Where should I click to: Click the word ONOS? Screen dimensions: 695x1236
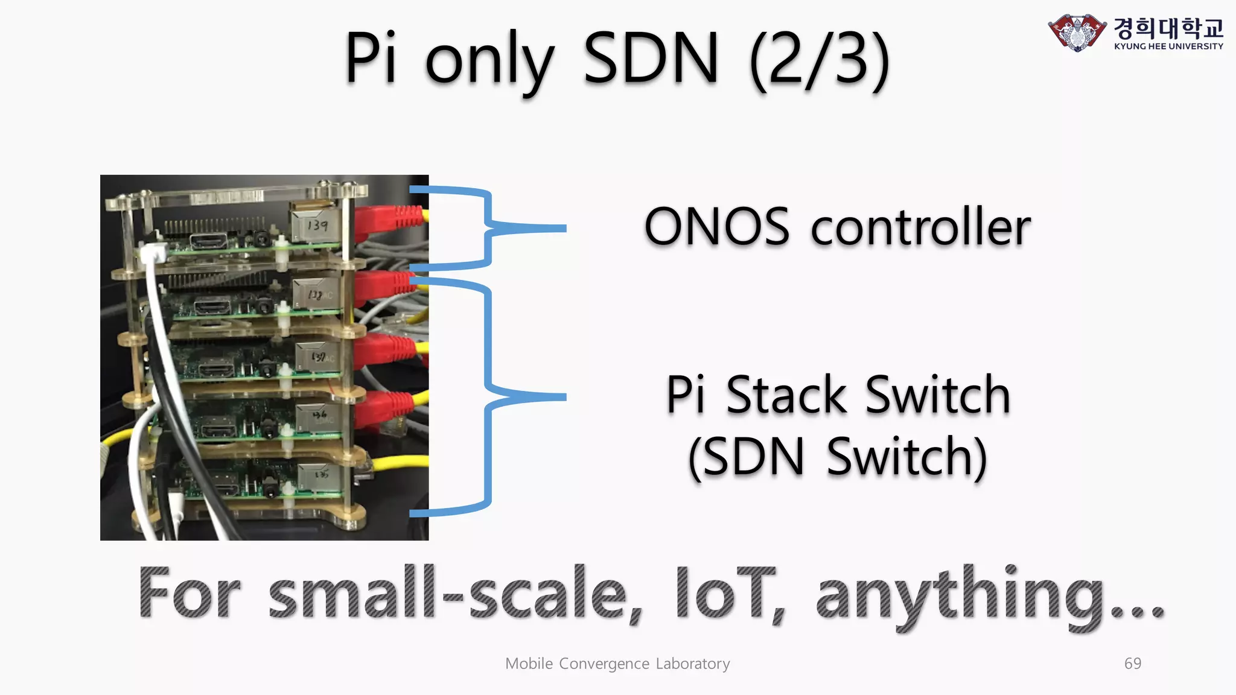pyautogui.click(x=716, y=227)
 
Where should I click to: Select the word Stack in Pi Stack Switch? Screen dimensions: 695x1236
pyautogui.click(x=786, y=395)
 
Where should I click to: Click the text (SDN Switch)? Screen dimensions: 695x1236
pyautogui.click(x=838, y=457)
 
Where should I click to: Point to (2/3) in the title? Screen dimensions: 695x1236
pyautogui.click(x=820, y=59)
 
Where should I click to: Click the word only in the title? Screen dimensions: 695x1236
pyautogui.click(x=489, y=60)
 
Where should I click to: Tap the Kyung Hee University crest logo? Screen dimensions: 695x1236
pyautogui.click(x=1077, y=33)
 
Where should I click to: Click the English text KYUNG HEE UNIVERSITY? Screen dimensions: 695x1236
pyautogui.click(x=1168, y=46)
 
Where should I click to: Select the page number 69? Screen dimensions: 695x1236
pyautogui.click(x=1133, y=664)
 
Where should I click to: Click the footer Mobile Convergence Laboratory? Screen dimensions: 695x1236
pyautogui.click(x=617, y=664)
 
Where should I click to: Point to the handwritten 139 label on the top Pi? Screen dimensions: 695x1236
pyautogui.click(x=317, y=226)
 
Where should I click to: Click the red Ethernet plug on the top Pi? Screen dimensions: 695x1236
pyautogui.click(x=386, y=220)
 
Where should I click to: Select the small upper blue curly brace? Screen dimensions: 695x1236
pyautogui.click(x=489, y=227)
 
